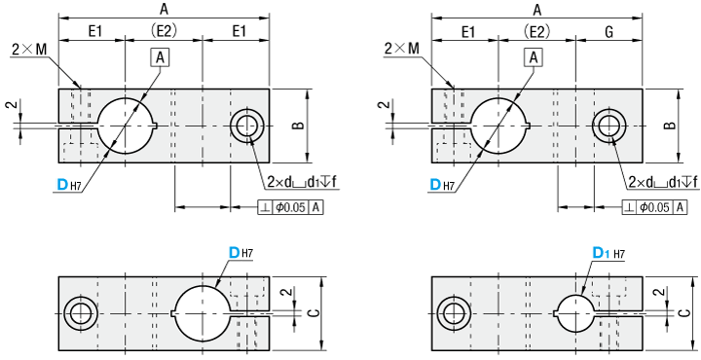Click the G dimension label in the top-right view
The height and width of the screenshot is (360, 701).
(x=609, y=32)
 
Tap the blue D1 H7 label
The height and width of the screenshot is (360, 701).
(x=609, y=254)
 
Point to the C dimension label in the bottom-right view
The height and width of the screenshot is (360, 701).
(x=684, y=313)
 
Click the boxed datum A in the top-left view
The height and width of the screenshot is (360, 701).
(x=161, y=57)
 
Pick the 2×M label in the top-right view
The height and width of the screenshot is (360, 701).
(x=402, y=49)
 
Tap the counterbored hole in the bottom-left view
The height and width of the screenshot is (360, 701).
(x=81, y=313)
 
